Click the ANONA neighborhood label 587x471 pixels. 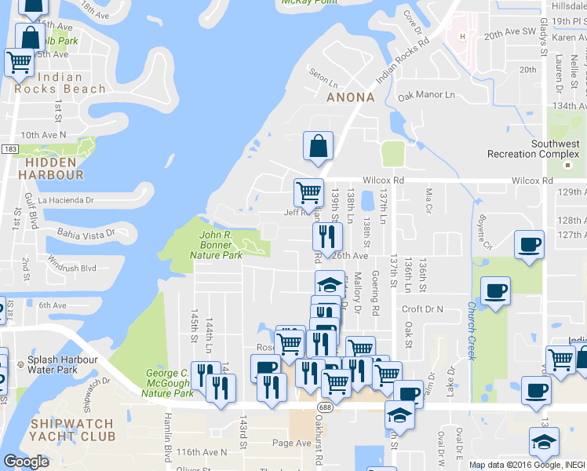(x=350, y=97)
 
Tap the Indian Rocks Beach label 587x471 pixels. (x=60, y=83)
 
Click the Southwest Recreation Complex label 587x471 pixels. (x=533, y=148)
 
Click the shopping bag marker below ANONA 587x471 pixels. (x=318, y=146)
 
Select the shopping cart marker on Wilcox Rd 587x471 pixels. (x=308, y=192)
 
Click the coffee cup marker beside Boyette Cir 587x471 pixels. (x=529, y=243)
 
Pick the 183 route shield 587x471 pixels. (x=10, y=148)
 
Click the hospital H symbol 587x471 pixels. (x=462, y=36)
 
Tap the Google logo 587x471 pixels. (x=25, y=462)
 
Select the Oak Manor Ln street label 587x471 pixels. (x=426, y=95)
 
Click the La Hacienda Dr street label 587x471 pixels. (x=65, y=200)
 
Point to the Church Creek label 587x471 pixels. (x=472, y=330)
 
